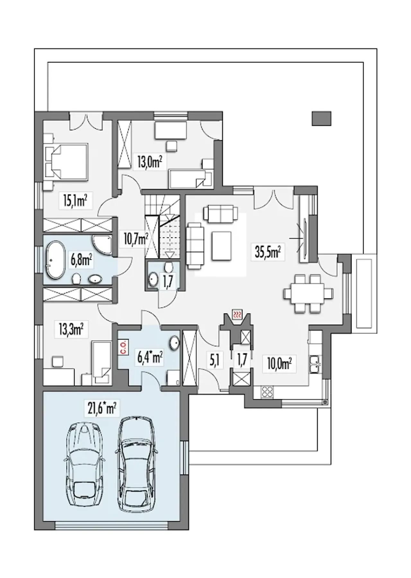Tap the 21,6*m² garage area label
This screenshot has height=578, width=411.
click(x=100, y=409)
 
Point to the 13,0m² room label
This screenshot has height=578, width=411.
click(x=148, y=162)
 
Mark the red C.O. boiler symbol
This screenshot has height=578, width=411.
click(x=123, y=347)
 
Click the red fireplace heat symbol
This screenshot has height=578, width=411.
click(x=238, y=314)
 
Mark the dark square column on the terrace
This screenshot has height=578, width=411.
click(x=321, y=118)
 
